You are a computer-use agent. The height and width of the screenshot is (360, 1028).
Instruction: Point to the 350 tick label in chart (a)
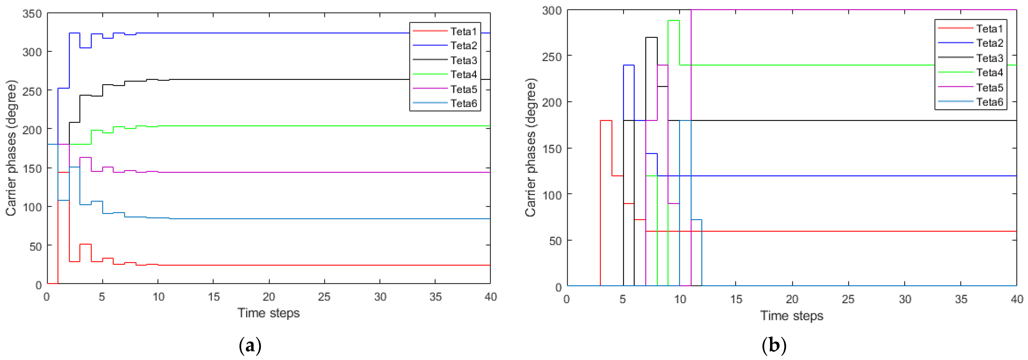coord(32,14)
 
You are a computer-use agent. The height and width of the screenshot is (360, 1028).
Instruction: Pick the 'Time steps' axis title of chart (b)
coord(792,316)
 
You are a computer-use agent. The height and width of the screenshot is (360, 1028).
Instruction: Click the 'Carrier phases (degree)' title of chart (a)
coord(11,148)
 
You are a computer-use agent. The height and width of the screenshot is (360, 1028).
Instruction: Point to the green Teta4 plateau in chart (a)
coord(279,126)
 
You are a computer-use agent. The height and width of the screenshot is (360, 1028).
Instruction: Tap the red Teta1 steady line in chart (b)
coord(838,231)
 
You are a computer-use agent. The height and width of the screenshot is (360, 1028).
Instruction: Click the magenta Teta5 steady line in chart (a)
coord(279,172)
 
